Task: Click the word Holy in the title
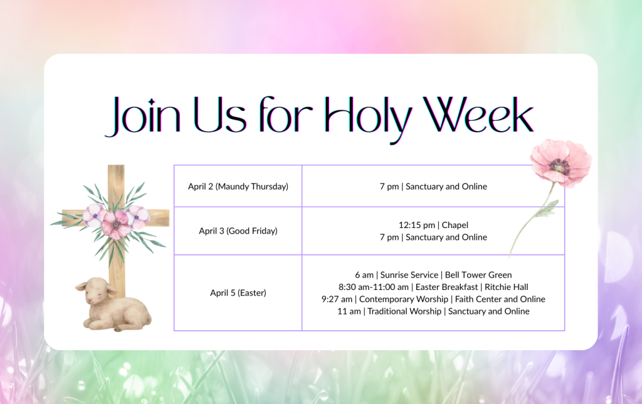(x=368, y=118)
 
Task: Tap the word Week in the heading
(x=478, y=115)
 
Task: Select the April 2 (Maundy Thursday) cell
(x=238, y=187)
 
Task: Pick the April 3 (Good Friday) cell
(x=238, y=231)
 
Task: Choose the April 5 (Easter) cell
(x=238, y=293)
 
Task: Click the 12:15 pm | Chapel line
(x=433, y=225)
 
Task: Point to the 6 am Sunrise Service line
(x=433, y=275)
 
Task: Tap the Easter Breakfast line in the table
(x=433, y=287)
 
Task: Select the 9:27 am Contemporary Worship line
(x=433, y=299)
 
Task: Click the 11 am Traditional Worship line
(x=433, y=311)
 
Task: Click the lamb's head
(x=96, y=291)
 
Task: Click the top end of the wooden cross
(x=116, y=165)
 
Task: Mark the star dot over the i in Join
(x=152, y=102)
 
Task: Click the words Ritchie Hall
(x=506, y=287)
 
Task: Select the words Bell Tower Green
(x=478, y=275)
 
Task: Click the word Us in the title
(x=220, y=115)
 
